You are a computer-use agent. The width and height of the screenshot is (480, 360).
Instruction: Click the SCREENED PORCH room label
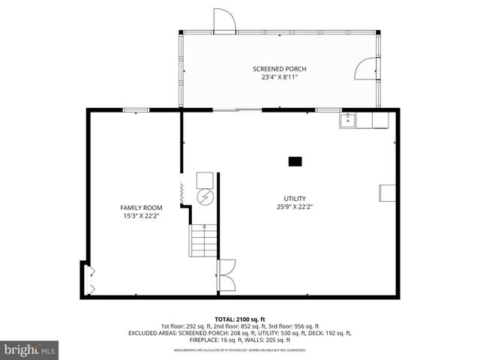point(279,69)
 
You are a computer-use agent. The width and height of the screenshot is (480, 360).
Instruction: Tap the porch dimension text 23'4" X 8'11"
point(279,78)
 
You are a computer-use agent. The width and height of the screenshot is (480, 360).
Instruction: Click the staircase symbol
point(202,241)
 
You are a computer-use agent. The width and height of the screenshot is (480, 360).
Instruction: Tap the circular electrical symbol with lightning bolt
point(205,197)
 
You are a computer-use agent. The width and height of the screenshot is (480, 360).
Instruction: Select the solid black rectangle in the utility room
point(295,160)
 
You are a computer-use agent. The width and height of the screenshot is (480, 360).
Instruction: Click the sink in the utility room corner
point(349,120)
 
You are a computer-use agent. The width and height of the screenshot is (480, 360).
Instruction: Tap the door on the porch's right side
point(367,69)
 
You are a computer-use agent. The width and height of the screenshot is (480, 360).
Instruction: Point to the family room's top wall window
point(135,110)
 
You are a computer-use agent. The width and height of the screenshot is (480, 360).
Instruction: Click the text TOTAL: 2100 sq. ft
point(239,319)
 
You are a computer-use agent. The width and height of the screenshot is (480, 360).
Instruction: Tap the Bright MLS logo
point(30,349)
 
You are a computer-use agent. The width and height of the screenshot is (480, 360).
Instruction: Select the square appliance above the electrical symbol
point(205,179)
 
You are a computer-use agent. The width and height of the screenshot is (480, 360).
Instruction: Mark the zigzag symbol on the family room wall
point(182,192)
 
